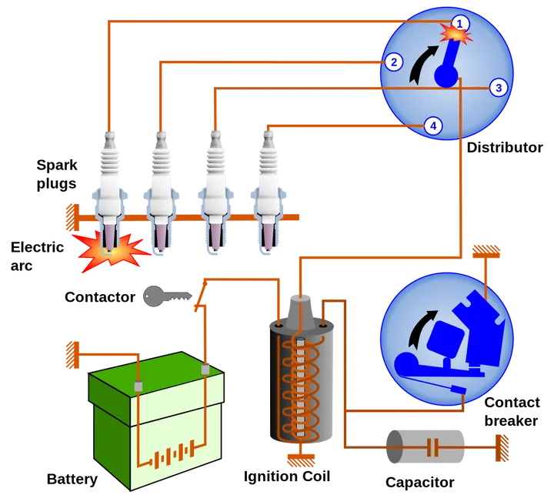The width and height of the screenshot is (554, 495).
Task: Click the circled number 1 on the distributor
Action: (459, 23)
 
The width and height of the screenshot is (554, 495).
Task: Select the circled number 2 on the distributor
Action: (392, 62)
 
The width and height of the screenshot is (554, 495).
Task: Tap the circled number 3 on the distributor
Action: (499, 88)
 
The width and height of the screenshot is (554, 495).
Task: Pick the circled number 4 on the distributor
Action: (433, 125)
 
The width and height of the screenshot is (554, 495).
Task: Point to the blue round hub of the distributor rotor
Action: (446, 75)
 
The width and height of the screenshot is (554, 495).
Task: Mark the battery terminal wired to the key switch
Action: (206, 370)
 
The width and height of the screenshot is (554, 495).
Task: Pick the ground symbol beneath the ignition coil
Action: (300, 460)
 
